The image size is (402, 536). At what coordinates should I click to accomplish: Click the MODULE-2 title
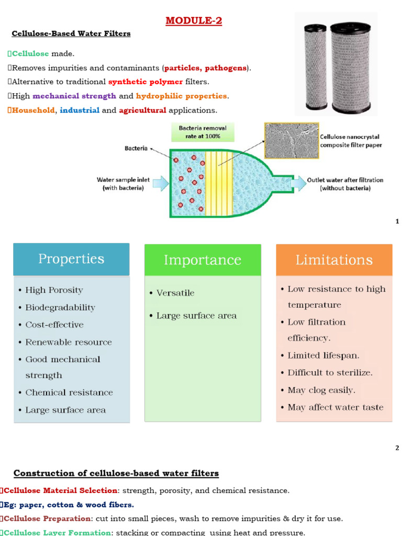[x=189, y=21]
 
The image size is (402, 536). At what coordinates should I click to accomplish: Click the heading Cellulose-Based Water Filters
[x=71, y=34]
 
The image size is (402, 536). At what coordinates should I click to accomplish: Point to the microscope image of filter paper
[x=290, y=140]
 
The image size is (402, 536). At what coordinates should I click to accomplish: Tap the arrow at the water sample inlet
[x=161, y=183]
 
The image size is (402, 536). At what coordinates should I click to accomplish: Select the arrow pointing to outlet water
[x=298, y=183]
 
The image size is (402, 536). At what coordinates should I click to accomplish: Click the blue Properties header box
[x=71, y=259]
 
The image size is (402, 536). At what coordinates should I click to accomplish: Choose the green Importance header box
[x=203, y=260]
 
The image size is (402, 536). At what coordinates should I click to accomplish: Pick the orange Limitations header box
[x=334, y=260]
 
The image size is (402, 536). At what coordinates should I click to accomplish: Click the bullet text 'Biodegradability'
[x=60, y=307]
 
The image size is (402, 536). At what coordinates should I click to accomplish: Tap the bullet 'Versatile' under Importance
[x=175, y=293]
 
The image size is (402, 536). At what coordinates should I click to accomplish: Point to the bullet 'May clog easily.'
[x=321, y=390]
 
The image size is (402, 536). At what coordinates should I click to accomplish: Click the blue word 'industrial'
[x=79, y=110]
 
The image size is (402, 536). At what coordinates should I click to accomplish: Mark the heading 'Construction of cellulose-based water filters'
[x=116, y=474]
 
